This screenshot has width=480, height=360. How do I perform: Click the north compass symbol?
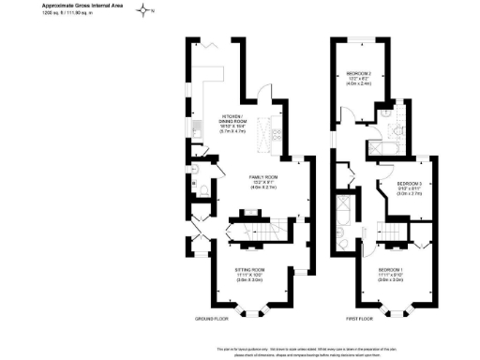point(143,11)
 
